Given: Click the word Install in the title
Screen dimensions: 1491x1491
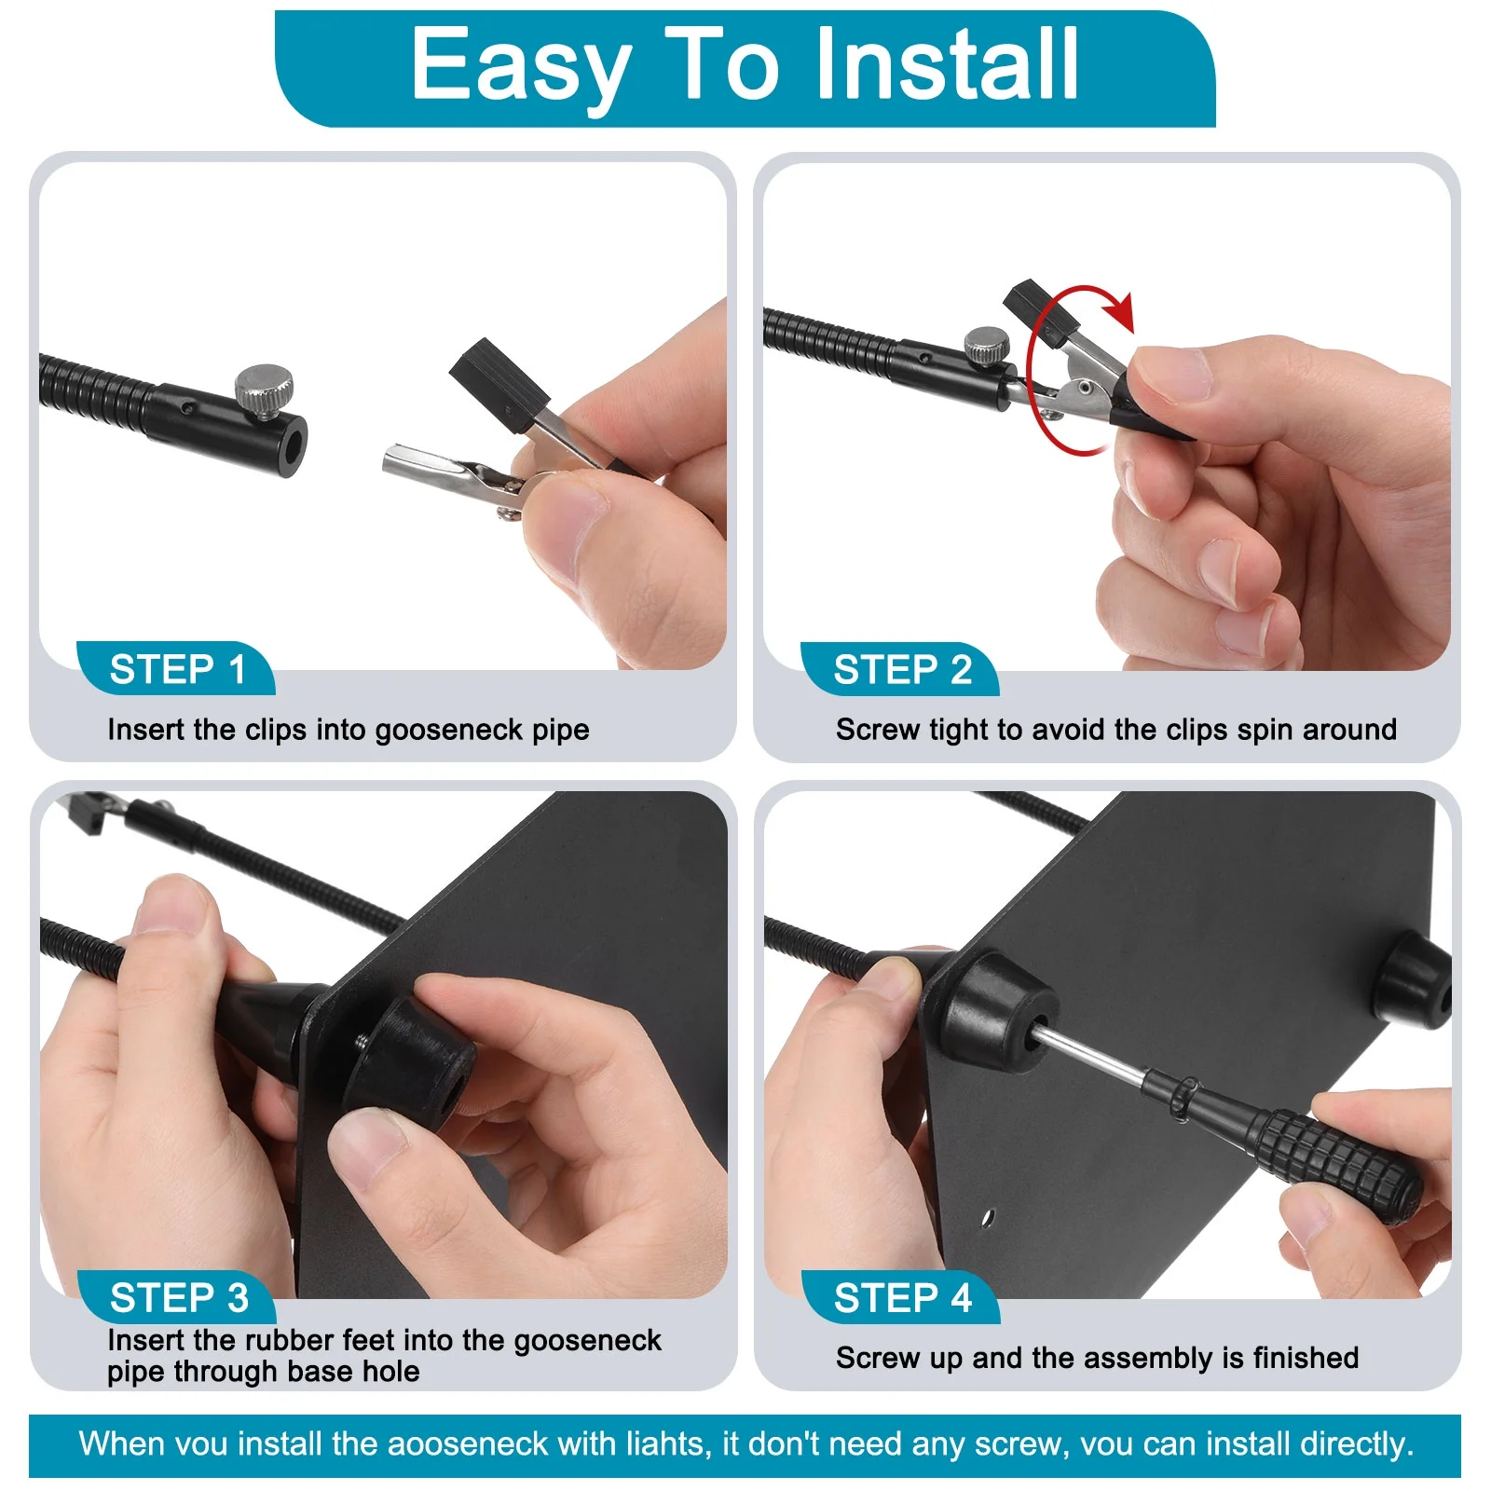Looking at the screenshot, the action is click(947, 63).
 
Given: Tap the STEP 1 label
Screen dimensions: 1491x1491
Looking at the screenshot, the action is click(177, 670).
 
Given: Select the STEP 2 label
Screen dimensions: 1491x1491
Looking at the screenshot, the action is click(902, 670).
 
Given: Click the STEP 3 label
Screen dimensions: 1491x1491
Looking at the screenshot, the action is click(179, 1298).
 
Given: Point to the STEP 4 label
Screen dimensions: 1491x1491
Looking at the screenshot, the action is click(903, 1298).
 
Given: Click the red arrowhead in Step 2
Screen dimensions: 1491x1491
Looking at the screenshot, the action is click(1120, 311).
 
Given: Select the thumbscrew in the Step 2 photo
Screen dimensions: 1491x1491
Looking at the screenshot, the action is click(985, 346).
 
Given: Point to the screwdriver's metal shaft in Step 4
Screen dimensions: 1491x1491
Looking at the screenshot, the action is click(1090, 1052).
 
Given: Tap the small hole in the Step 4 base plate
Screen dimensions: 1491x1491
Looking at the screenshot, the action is click(988, 1217).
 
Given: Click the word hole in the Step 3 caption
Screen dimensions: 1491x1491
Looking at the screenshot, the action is click(388, 1371).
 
